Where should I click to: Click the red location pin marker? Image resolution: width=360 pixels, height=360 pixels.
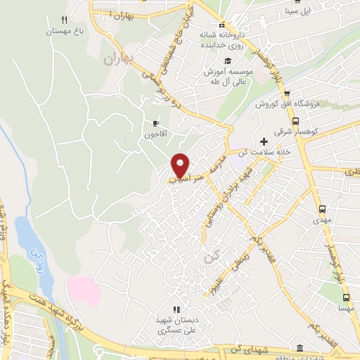point(181,165)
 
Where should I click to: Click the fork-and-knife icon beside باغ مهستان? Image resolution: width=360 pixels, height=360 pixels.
point(65,20)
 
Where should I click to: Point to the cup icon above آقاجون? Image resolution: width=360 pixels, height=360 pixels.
point(155,123)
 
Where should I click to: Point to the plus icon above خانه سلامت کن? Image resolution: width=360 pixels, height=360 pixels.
point(264,141)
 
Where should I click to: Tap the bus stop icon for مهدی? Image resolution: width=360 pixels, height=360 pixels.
point(322,209)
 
